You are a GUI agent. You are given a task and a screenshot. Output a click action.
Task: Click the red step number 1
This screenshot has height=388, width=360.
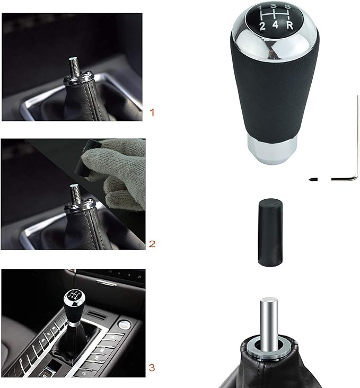click(152, 112)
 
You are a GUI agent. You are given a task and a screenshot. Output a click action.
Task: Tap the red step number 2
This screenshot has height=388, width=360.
click(152, 244)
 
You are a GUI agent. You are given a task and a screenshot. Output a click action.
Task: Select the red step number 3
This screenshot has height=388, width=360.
click(152, 367)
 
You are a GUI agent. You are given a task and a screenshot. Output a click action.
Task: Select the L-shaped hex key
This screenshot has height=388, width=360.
click(354, 159)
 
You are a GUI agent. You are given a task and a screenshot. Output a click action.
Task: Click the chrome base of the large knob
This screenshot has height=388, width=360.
click(270, 150)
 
